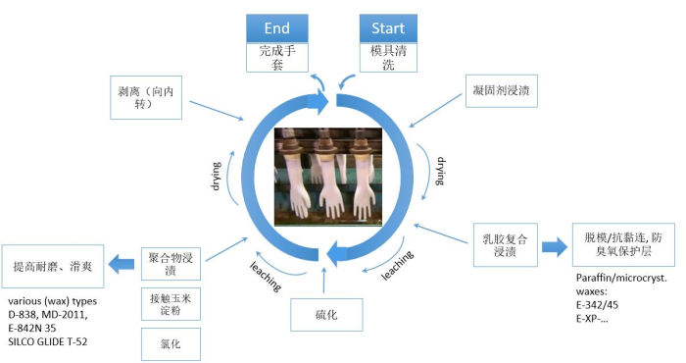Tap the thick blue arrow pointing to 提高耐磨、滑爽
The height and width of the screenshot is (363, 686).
point(122,263)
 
